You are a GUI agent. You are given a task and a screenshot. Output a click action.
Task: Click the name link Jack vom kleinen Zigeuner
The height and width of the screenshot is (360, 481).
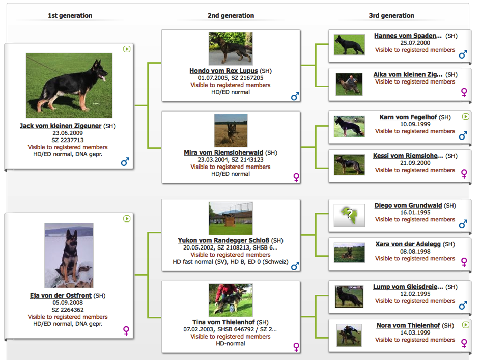(x=61, y=126)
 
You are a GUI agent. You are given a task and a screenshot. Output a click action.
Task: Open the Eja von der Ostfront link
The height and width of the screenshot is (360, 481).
(x=61, y=295)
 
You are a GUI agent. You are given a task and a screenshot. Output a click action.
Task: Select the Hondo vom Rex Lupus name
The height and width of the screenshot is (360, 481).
(x=223, y=71)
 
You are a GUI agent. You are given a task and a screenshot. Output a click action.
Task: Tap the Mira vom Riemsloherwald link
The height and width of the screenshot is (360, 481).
(x=223, y=153)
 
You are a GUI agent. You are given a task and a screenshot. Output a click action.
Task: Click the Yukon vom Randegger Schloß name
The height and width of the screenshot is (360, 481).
(x=223, y=240)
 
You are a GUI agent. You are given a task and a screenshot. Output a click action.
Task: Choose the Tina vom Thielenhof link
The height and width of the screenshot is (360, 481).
(x=223, y=322)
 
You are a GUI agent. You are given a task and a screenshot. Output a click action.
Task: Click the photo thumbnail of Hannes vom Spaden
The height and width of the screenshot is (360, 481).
(x=349, y=44)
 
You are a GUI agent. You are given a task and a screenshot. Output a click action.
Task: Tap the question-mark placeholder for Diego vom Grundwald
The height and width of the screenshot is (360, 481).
(x=349, y=215)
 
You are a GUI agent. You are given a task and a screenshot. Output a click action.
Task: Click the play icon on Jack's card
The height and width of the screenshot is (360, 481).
(x=127, y=49)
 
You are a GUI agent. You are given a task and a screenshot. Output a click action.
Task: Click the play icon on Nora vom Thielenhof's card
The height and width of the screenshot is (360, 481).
(x=466, y=325)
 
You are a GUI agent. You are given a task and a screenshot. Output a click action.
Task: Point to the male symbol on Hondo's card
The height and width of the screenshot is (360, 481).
(x=295, y=96)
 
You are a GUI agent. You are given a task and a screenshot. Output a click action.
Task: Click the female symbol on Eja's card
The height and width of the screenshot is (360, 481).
(x=126, y=331)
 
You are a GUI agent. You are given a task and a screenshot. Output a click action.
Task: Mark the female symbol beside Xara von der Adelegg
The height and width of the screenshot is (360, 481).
(x=464, y=262)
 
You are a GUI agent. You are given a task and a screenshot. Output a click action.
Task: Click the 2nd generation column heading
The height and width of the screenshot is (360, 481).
(x=231, y=16)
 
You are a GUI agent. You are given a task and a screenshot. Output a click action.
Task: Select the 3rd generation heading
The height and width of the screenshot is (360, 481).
(x=391, y=16)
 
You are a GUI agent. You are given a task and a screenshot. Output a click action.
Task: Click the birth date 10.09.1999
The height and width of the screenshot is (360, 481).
(x=415, y=124)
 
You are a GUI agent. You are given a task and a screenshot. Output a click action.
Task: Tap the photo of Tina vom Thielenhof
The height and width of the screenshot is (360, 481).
(x=231, y=300)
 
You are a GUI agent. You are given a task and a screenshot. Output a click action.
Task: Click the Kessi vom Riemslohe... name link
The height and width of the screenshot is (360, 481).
(x=408, y=156)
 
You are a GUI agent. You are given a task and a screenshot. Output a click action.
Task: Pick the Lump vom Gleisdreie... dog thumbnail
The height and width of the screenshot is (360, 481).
(x=349, y=296)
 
